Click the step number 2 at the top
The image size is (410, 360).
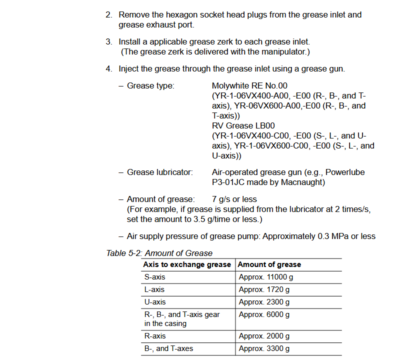pos(108,15)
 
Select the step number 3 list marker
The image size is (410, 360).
pos(108,42)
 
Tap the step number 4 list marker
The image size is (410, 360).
pos(108,69)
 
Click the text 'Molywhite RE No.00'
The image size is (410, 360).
pos(249,86)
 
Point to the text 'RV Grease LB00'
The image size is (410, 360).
pos(243,126)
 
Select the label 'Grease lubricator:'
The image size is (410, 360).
pos(159,172)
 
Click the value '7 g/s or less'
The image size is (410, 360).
pos(234,199)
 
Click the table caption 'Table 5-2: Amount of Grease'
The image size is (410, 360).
pos(159,253)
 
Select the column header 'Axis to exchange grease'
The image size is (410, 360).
pos(187,264)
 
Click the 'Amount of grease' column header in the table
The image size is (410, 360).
pos(269,264)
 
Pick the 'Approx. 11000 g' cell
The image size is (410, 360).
pos(266,277)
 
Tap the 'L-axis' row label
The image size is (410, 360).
pos(154,289)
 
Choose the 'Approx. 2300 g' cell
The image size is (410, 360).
pos(264,302)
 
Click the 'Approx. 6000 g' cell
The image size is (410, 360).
pos(264,314)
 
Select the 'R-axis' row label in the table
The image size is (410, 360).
pos(155,336)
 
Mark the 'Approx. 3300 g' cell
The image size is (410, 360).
pos(264,348)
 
